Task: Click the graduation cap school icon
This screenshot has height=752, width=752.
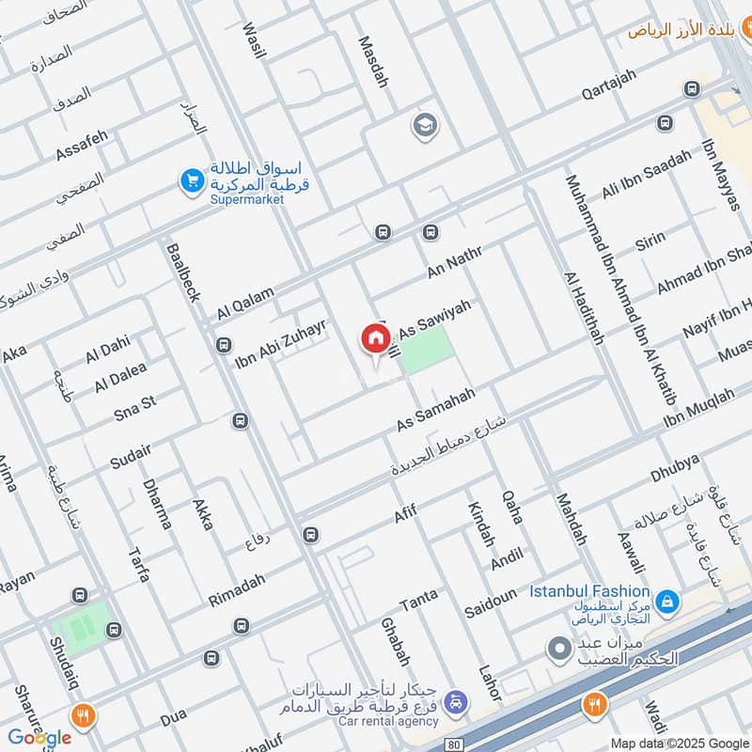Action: (425, 125)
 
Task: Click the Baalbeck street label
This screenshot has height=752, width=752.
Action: (182, 273)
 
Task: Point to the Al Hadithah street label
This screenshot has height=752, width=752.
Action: (582, 309)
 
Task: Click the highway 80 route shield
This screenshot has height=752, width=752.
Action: (456, 744)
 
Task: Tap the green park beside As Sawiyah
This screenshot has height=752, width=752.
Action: (427, 350)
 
